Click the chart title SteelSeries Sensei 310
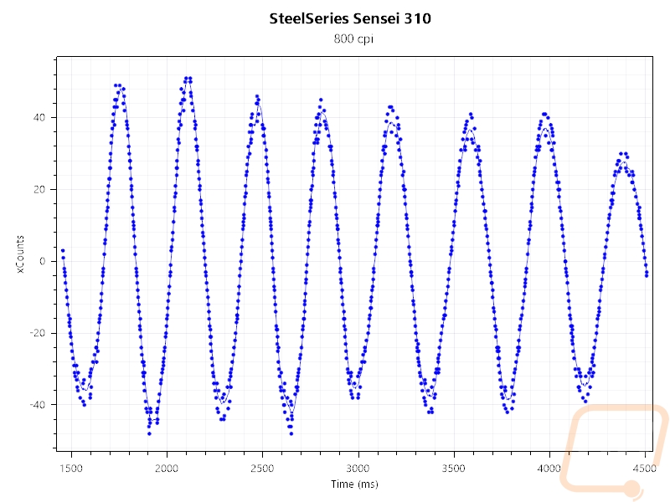(x=350, y=18)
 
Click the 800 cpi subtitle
(x=353, y=38)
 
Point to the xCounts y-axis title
(x=20, y=254)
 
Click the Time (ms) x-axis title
(x=354, y=484)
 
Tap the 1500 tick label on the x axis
(x=71, y=469)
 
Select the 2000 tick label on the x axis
(x=167, y=469)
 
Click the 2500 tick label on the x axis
(x=262, y=469)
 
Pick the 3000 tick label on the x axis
(x=358, y=469)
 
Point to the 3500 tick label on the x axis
(x=453, y=469)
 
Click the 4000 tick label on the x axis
(x=549, y=469)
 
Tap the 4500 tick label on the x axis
(x=644, y=469)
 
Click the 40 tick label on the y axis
(x=39, y=117)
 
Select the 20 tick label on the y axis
(x=39, y=189)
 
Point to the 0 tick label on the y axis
(x=42, y=261)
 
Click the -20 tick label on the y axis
(x=37, y=332)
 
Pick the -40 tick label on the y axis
(x=37, y=404)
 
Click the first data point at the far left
(x=63, y=250)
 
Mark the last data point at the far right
(x=647, y=275)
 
